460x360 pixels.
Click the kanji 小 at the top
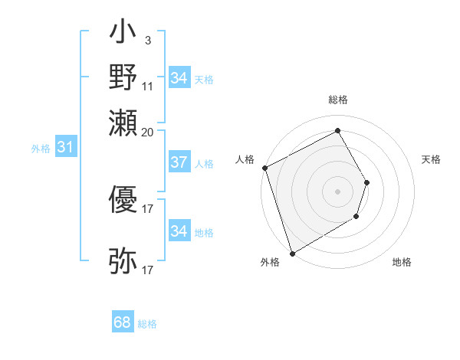pos(123,36)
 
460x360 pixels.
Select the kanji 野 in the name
pos(123,78)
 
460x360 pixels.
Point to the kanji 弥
pos(123,260)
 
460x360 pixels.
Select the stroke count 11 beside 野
pos(148,87)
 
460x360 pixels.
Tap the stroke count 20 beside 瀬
pos(148,131)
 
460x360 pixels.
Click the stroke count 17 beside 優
pos(148,208)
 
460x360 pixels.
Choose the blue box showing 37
pos(179,162)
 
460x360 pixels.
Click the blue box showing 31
pos(65,148)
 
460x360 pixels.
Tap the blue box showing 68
pos(123,323)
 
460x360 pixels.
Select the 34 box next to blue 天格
pos(179,78)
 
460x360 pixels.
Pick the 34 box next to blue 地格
pos(179,231)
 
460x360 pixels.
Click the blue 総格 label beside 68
pos(147,324)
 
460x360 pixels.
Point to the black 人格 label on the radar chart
pos(245,159)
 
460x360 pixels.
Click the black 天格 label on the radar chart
pos(431,159)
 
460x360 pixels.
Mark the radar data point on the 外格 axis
pos(292,253)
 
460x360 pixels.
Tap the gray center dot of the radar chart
pos(338,191)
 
